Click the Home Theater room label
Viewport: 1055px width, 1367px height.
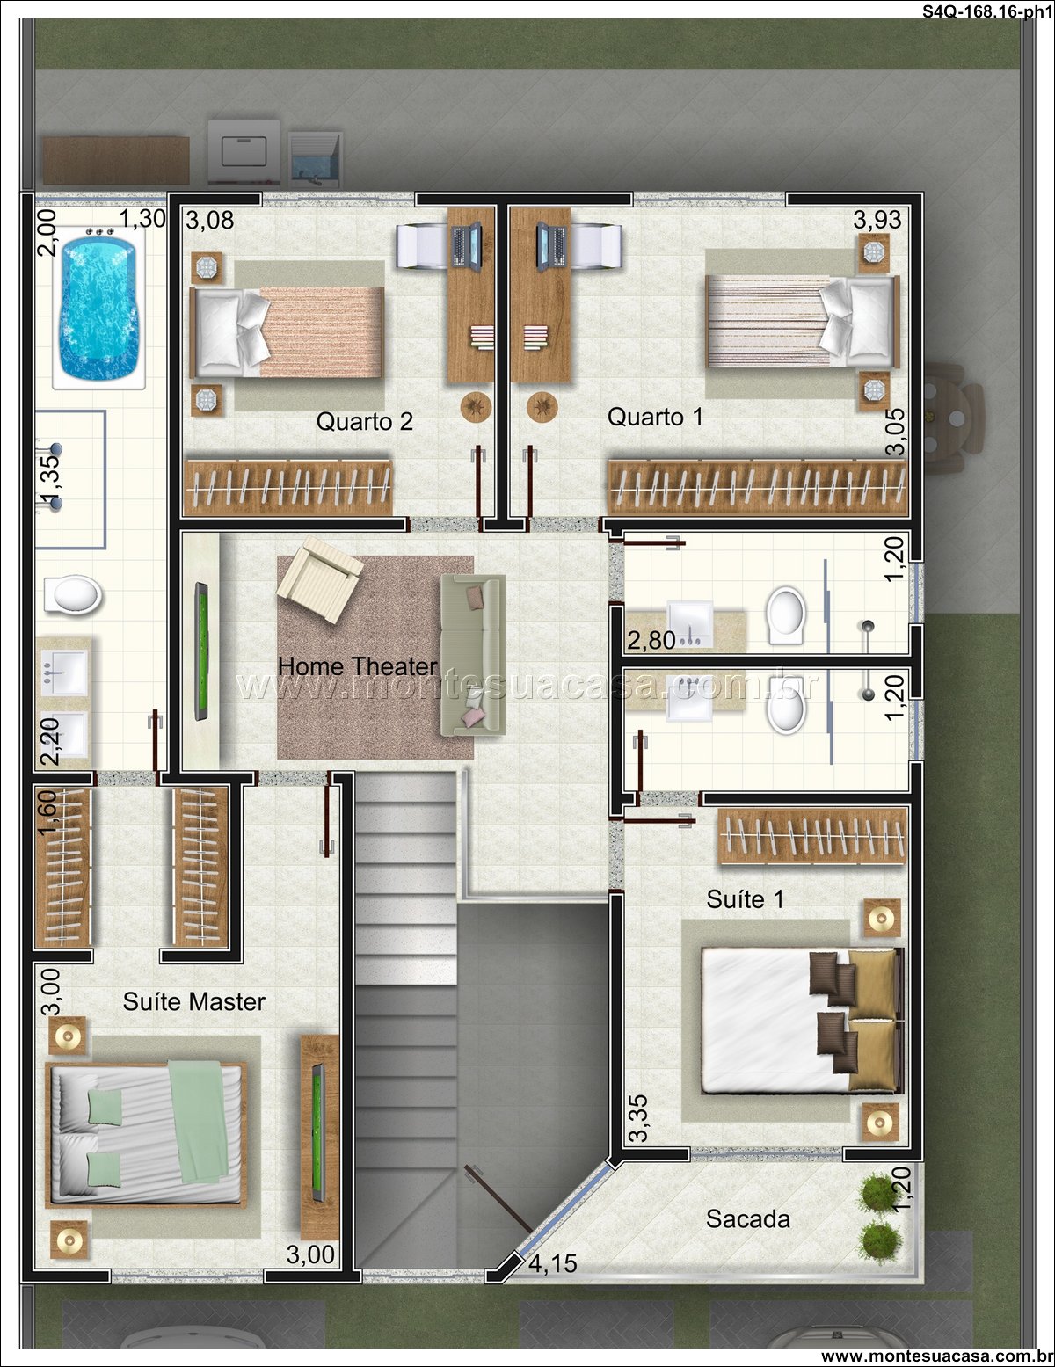pos(357,666)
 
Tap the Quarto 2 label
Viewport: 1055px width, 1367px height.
pos(364,421)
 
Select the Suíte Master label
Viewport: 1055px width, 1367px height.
pos(193,1001)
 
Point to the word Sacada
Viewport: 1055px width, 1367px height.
pos(748,1219)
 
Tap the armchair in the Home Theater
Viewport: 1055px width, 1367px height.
pos(319,579)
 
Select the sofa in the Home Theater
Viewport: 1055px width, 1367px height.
pos(473,655)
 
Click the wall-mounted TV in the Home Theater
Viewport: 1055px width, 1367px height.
pos(200,651)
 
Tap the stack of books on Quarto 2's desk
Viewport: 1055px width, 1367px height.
pos(482,337)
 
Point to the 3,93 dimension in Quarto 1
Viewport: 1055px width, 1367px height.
pos(877,220)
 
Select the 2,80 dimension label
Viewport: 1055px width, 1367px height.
pos(651,640)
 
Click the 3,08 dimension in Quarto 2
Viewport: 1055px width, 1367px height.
pos(209,220)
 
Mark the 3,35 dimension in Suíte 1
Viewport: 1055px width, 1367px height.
pos(638,1118)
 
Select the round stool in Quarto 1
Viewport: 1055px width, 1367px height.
pos(542,407)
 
